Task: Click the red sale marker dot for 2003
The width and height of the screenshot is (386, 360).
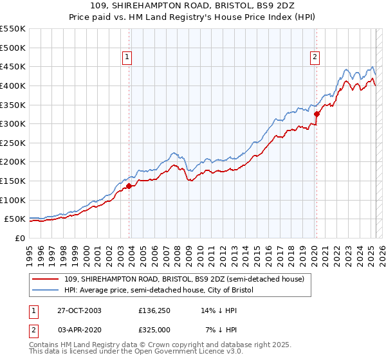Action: tap(129, 186)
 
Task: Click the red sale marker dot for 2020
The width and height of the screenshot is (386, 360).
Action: tap(317, 114)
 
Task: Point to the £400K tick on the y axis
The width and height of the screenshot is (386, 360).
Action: tap(13, 85)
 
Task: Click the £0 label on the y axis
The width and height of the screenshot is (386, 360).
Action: tap(19, 239)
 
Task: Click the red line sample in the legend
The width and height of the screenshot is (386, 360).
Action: tap(46, 278)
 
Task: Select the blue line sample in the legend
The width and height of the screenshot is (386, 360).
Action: tap(46, 290)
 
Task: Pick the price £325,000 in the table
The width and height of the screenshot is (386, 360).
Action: tap(154, 329)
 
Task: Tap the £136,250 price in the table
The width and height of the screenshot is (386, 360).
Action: tap(154, 310)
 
